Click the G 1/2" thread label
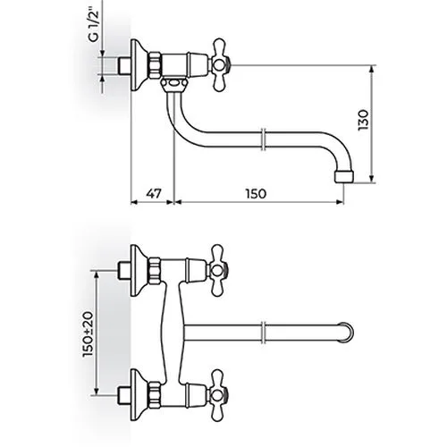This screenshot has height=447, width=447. pos(94,27)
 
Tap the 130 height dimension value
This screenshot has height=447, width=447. pos(364,120)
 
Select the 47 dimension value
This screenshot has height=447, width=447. pos(154,193)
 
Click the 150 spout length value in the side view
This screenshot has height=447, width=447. pos(256,194)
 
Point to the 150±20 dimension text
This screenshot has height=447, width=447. pos(89,333)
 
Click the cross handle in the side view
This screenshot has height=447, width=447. pos(220,64)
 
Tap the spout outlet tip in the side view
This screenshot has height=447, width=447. pos(344,176)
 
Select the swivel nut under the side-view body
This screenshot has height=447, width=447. pos(174,85)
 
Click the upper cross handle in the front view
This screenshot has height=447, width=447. pos(219,271)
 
